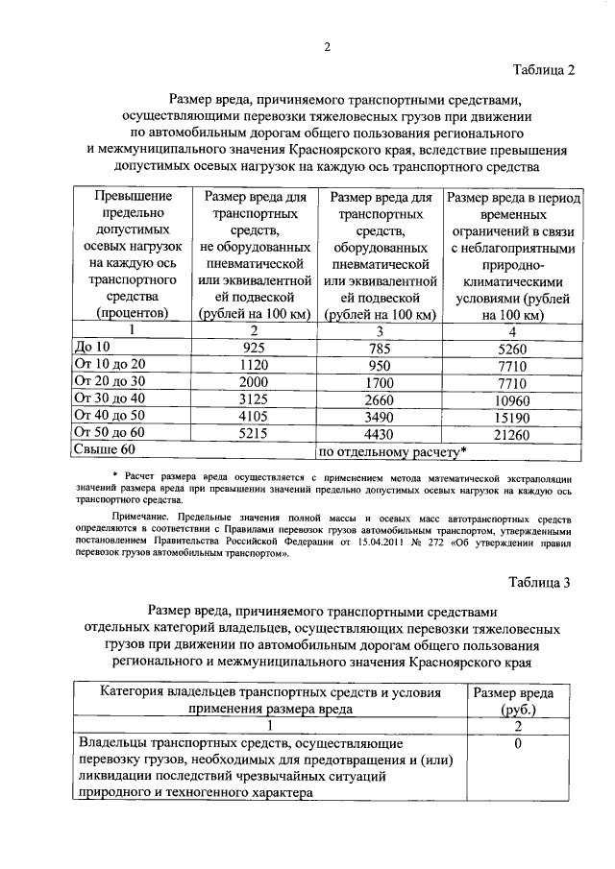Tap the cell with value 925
tap(254, 348)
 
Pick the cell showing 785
tap(382, 348)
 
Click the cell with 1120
tap(254, 364)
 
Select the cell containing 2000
tap(254, 381)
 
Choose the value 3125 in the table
tap(254, 398)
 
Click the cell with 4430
tap(382, 432)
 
